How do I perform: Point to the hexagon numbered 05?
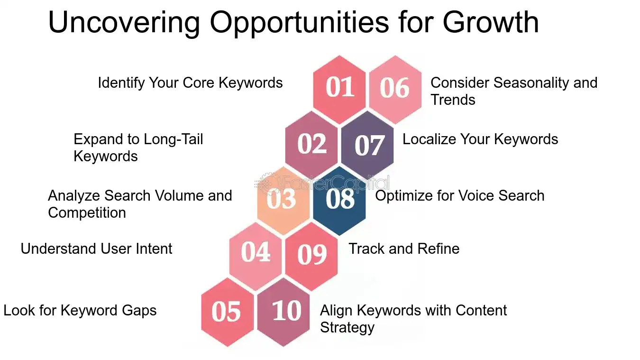227,312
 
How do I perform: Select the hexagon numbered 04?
256,255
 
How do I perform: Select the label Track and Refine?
404,249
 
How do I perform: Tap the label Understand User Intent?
96,249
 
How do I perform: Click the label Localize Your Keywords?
480,139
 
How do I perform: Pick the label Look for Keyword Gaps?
80,310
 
